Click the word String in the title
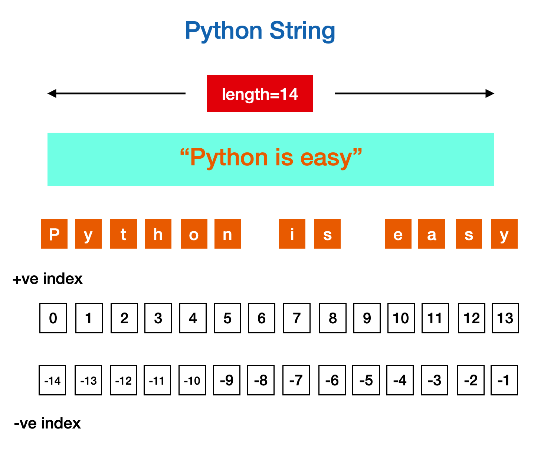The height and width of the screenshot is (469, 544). tap(302, 31)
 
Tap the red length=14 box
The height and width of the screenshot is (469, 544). tap(260, 94)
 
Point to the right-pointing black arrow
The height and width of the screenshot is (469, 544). tap(414, 94)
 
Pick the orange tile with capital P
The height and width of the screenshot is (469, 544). tap(54, 234)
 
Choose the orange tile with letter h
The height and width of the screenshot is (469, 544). tap(158, 234)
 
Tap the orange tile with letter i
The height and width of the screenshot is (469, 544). tap(292, 234)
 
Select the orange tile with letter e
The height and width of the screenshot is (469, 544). tap(398, 234)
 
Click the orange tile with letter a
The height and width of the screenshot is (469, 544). tap(432, 234)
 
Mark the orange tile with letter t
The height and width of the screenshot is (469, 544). tap(124, 234)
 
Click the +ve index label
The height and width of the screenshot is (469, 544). tap(47, 279)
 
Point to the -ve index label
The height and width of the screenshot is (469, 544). tap(47, 423)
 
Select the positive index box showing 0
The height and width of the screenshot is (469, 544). tap(53, 318)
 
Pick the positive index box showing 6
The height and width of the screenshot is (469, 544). tap(262, 318)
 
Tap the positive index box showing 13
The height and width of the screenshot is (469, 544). tap(505, 318)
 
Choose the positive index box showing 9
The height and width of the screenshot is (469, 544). tap(367, 318)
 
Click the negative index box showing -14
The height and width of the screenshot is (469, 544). tap(52, 380)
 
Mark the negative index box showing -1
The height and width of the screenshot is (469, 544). tap(504, 380)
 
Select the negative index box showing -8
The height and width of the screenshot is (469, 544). tap(261, 380)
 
